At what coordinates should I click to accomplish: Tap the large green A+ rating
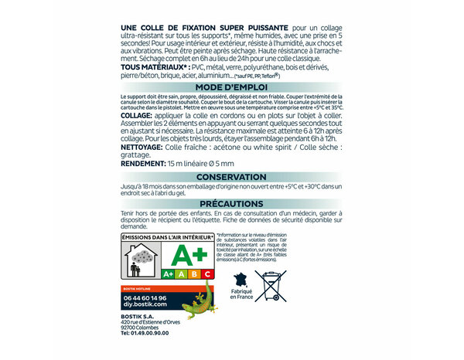click(189, 256)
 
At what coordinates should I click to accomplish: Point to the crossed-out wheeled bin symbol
click(271, 285)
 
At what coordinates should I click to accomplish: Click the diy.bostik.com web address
click(141, 304)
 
